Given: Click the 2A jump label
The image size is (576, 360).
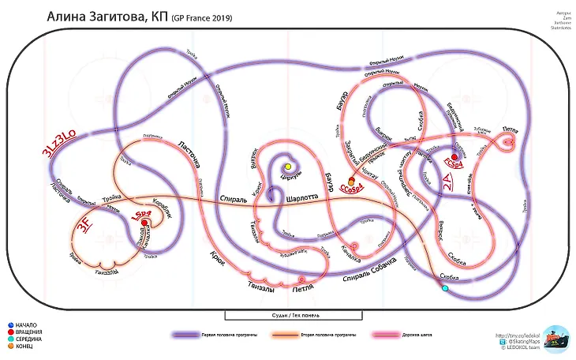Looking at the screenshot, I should coord(447,184).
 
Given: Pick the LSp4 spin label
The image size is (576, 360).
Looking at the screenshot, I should coord(144,213).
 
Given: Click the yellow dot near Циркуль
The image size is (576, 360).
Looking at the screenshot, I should coord(288,167).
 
